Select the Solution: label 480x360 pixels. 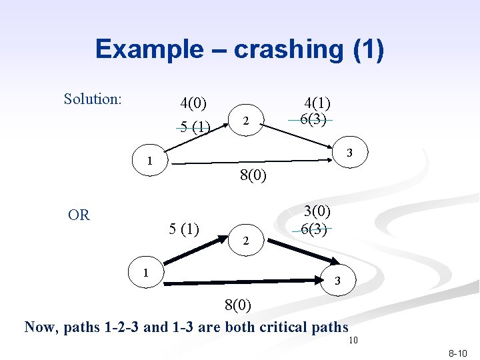pos(93,99)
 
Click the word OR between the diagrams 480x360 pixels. pos(79,215)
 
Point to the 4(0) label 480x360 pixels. pos(193,103)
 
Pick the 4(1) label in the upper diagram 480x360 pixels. pos(318,103)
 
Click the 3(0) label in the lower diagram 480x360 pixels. pos(318,211)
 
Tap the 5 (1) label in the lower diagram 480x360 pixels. pos(185,229)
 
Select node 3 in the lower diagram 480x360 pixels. pos(337,281)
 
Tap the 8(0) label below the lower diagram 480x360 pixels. pos(237,306)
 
